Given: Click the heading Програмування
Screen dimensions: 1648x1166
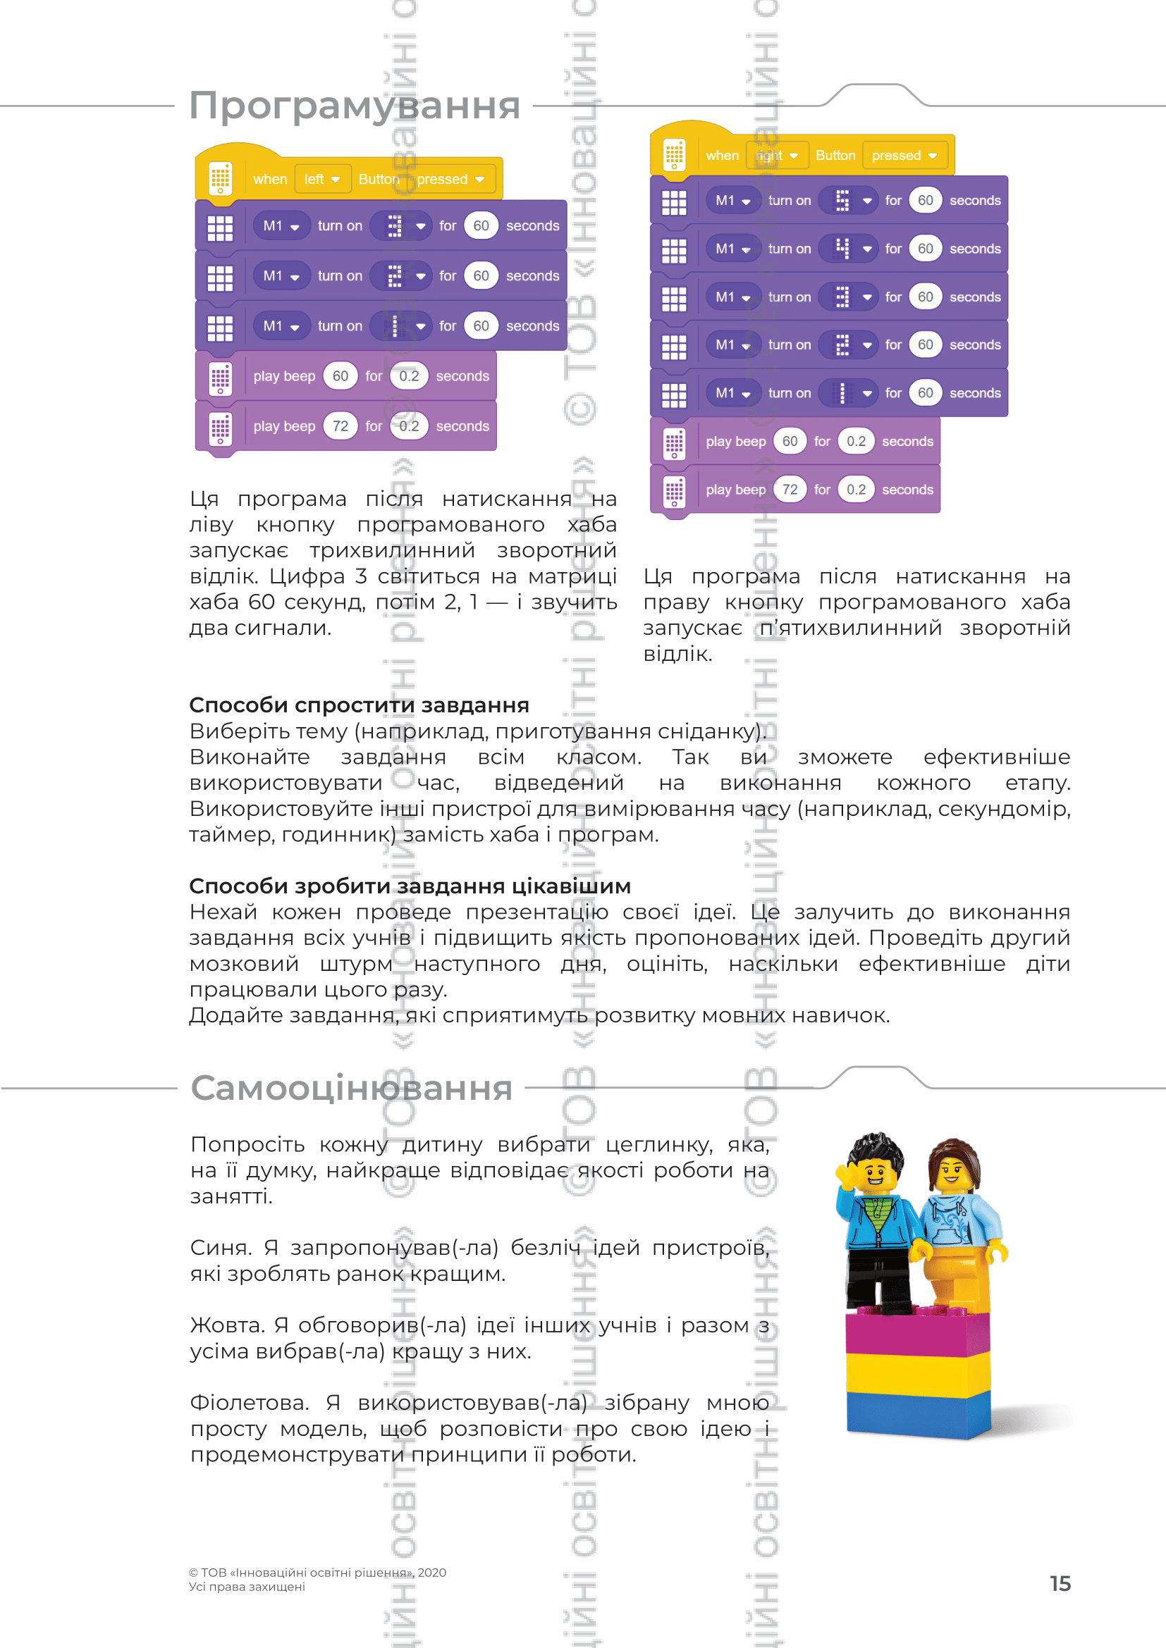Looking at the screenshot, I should pos(354,106).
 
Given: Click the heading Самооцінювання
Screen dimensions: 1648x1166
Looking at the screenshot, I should pos(351,1087).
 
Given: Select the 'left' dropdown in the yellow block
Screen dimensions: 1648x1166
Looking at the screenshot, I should pos(321,179).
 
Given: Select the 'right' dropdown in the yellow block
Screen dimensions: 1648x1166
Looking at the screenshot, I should pos(777,155).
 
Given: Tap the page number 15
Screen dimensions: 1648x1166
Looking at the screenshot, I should pos(1060,1583).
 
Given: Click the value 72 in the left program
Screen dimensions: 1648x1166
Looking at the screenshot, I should pos(340,426).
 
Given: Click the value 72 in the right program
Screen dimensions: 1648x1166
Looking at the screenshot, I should pos(790,490).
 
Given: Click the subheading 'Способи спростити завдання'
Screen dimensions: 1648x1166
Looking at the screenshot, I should pos(359,705).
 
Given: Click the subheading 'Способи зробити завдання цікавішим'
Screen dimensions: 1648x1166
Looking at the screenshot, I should pos(410,886).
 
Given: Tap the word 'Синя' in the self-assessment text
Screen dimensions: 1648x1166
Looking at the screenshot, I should pos(219,1249).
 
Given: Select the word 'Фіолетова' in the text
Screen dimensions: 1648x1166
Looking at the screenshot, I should pos(247,1404).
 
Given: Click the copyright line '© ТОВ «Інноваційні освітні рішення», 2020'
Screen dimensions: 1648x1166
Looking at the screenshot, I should pos(317,1573).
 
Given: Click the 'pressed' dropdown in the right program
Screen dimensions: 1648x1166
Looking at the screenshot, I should pos(903,155).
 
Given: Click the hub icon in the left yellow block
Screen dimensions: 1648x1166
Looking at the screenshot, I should pos(221,179).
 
